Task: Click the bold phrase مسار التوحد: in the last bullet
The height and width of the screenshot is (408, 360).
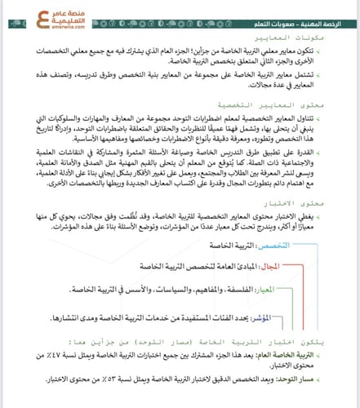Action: click(x=320, y=379)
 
